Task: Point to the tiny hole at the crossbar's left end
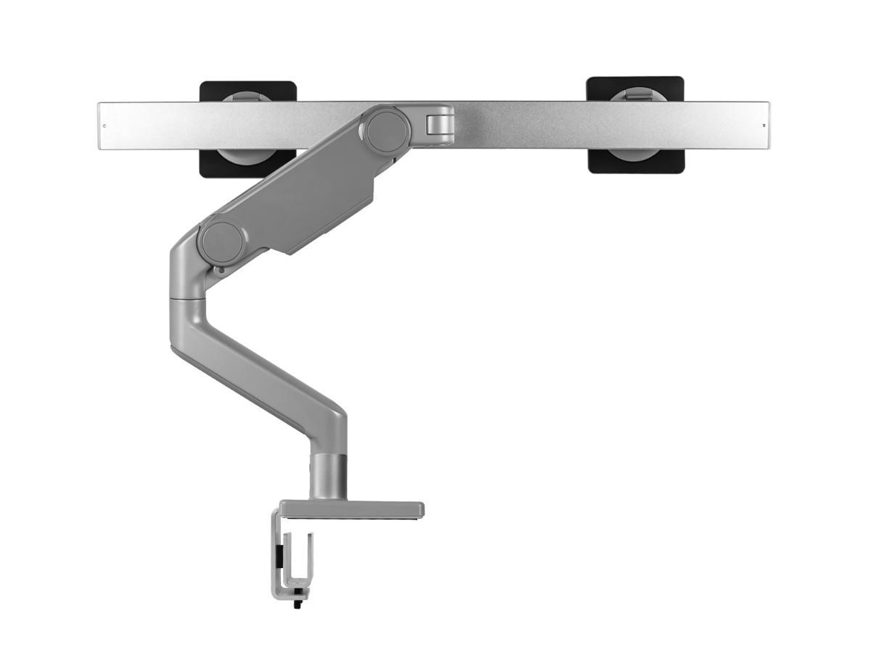click(x=104, y=126)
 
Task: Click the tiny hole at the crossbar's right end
click(x=764, y=126)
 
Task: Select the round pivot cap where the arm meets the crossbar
click(x=387, y=129)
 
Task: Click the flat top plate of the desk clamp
click(x=352, y=509)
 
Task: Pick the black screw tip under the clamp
click(x=297, y=604)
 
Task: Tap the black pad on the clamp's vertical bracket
click(x=277, y=559)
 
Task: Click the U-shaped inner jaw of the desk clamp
click(x=298, y=562)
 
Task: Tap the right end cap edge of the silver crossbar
click(x=768, y=126)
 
